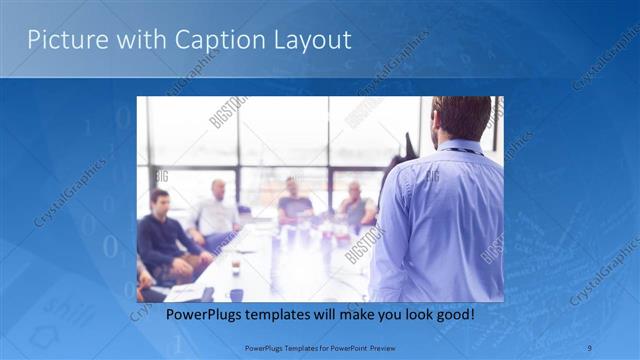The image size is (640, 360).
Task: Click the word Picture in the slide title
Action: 62,40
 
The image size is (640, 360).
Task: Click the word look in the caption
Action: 405,315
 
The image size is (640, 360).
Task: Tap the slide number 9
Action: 590,348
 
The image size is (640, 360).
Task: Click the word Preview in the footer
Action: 376,348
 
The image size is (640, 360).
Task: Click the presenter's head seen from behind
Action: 461,118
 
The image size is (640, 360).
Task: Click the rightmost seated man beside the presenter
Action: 355,206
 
